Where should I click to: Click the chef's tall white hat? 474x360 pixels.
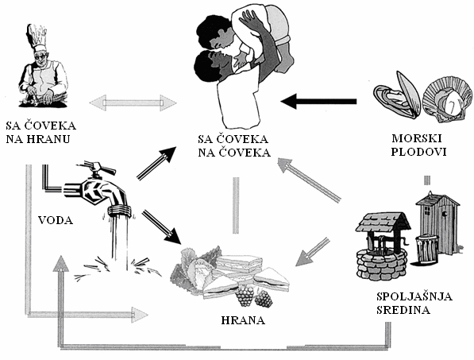tap(37, 38)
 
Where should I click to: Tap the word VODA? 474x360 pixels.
tap(56, 220)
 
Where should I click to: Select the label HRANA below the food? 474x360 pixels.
tap(243, 320)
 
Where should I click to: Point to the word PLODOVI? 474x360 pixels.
tap(418, 152)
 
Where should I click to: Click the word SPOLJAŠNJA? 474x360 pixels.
tap(414, 296)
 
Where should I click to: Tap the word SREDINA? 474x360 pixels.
tap(403, 310)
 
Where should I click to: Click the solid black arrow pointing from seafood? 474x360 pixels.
tap(318, 102)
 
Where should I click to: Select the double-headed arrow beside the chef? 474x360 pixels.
tap(133, 103)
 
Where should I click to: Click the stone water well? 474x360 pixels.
tap(382, 246)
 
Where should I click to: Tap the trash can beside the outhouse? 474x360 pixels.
tap(426, 249)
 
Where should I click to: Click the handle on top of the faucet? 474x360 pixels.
tap(96, 168)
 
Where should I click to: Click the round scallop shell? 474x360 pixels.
tap(447, 103)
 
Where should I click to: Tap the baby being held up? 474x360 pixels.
tap(263, 37)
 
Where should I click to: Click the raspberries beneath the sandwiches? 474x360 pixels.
tap(254, 296)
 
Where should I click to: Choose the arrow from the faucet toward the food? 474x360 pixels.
tap(161, 227)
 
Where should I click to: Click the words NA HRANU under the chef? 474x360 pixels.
tap(38, 139)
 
